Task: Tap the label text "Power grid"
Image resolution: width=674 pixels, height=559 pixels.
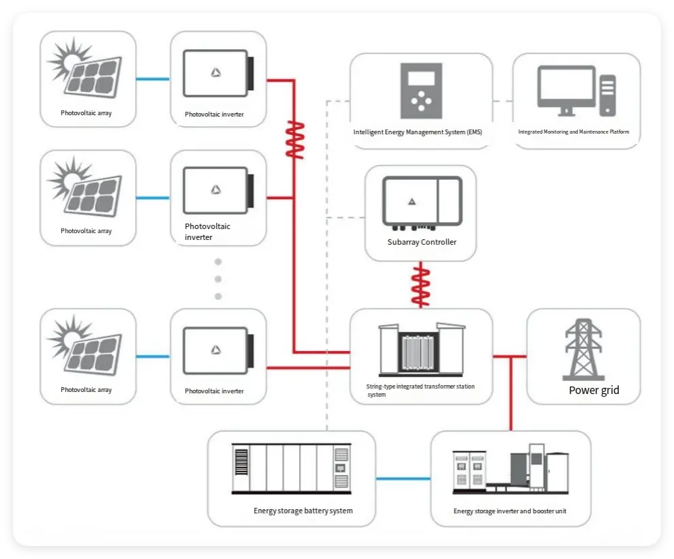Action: pyautogui.click(x=594, y=391)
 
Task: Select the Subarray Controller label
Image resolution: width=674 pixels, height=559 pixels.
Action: pyautogui.click(x=421, y=242)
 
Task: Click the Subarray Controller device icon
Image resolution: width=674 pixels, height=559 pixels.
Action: pyautogui.click(x=422, y=202)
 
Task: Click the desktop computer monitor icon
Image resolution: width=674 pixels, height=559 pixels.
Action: pyautogui.click(x=567, y=89)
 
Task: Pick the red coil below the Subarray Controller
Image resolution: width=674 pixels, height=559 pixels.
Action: pyautogui.click(x=421, y=286)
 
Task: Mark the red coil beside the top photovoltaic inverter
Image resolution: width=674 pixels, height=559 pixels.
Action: pyautogui.click(x=294, y=140)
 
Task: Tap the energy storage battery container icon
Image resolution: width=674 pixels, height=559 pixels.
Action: pyautogui.click(x=291, y=468)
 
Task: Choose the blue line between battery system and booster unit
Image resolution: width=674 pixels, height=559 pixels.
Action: pyautogui.click(x=403, y=479)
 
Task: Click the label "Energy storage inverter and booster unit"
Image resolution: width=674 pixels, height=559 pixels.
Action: pyautogui.click(x=510, y=511)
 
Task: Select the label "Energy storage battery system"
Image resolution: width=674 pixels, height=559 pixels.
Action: pyautogui.click(x=303, y=511)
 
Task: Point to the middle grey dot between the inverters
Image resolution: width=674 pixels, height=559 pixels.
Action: pyautogui.click(x=218, y=279)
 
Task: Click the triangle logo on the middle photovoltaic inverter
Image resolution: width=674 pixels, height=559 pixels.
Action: pyautogui.click(x=215, y=190)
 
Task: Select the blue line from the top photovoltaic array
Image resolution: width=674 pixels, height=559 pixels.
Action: pyautogui.click(x=153, y=80)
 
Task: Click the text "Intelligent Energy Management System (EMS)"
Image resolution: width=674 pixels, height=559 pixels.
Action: pyautogui.click(x=417, y=132)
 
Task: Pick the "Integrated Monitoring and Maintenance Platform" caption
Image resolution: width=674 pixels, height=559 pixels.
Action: pyautogui.click(x=573, y=132)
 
